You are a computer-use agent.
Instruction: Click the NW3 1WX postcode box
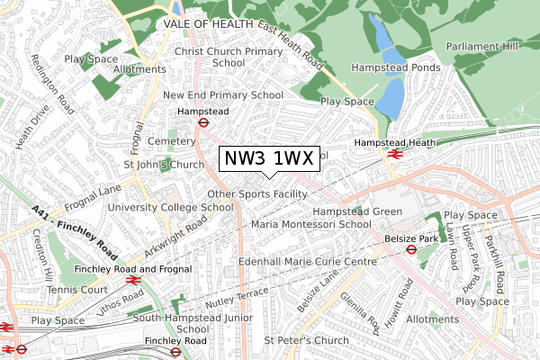tap(268, 159)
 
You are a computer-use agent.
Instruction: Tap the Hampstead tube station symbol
tap(204, 123)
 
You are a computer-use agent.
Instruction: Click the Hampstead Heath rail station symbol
tap(394, 154)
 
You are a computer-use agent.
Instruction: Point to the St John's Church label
tap(164, 165)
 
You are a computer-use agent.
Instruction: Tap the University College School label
tap(170, 207)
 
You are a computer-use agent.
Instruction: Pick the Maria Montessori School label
tap(311, 223)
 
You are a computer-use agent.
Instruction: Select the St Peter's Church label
tap(306, 340)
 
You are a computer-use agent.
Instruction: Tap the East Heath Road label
tap(290, 45)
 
